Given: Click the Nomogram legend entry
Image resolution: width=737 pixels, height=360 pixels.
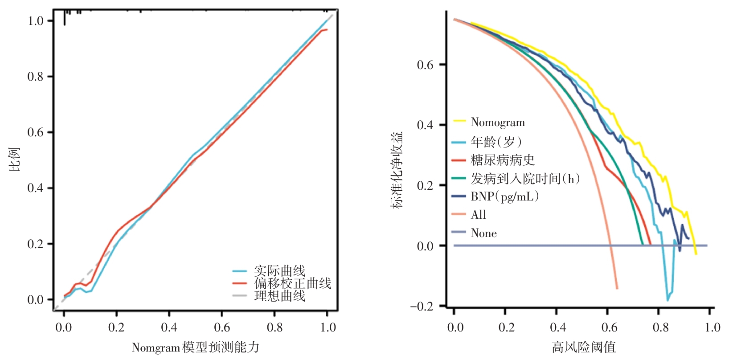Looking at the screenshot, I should pos(497,122).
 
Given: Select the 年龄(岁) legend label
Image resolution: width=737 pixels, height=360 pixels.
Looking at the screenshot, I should pos(496,142).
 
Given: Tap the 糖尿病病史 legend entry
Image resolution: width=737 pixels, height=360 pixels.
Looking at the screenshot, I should pos(502,160).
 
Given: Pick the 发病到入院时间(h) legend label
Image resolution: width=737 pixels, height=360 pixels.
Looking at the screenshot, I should pos(525,178).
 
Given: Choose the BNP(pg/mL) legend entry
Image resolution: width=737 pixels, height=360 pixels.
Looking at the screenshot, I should pos(505,196).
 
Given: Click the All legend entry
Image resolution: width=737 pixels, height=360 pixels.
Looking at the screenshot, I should pos(478,215).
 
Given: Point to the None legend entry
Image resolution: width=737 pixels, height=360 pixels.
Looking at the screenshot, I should pos(483,233).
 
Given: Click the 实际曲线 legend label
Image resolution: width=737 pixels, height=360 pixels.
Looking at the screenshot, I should pos(279,270).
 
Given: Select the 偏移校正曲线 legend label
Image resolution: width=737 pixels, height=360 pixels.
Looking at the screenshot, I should pos(292,283).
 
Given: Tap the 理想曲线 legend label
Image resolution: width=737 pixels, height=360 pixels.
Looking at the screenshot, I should pos(279,295).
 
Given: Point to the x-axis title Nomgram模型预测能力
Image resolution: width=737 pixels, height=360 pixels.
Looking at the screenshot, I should pos(195,348).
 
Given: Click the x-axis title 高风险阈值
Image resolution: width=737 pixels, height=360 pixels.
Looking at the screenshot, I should pos(584,347).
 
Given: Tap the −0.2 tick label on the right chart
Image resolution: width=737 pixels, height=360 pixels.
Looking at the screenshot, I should pos(421,307).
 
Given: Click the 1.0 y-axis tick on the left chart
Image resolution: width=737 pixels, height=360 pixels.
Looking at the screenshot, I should pos(36,21).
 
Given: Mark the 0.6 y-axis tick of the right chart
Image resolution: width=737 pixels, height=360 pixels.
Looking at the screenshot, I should pos(425,65).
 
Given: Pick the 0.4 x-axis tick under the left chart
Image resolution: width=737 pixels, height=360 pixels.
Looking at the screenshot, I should pos(169,327).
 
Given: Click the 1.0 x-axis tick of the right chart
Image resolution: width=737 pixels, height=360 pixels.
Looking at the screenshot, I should pos(712,327).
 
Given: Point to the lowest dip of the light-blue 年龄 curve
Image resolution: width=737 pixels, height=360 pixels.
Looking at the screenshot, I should pos(667,300).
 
